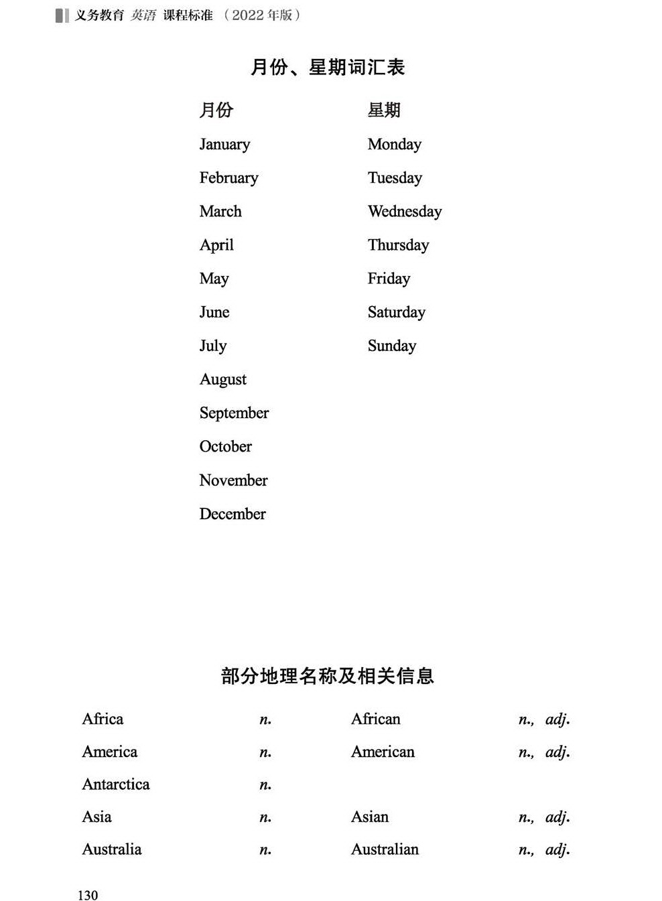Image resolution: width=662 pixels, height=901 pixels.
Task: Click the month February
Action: click(x=228, y=178)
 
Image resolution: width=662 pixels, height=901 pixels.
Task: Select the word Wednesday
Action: click(x=405, y=212)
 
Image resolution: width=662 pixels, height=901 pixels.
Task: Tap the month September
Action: click(x=234, y=413)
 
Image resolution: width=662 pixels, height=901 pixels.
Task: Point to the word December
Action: click(x=233, y=514)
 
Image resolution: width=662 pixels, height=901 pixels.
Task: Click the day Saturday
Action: click(x=396, y=312)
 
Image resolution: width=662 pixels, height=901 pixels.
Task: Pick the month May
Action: click(x=214, y=279)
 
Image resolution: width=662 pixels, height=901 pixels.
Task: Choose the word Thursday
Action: click(x=398, y=245)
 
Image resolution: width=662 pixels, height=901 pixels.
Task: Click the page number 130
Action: click(x=88, y=895)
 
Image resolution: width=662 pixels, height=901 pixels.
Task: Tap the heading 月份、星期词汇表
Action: click(x=328, y=68)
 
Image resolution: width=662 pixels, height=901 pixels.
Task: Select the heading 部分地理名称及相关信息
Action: click(x=328, y=676)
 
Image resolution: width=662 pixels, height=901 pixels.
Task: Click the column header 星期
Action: click(x=384, y=110)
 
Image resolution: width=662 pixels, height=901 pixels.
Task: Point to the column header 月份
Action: click(x=216, y=110)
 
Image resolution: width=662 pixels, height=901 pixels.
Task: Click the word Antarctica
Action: click(x=116, y=784)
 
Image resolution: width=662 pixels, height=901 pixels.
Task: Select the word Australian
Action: click(x=385, y=849)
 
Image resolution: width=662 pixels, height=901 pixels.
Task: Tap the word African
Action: click(x=375, y=719)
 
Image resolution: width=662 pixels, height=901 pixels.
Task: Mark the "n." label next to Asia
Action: click(x=265, y=817)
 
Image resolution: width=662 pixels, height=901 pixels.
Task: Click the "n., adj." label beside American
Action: click(x=544, y=752)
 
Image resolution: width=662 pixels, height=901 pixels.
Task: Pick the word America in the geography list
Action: click(x=109, y=752)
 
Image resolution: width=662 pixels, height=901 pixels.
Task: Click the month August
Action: click(x=223, y=380)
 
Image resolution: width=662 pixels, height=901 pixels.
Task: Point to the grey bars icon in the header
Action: click(x=62, y=15)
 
